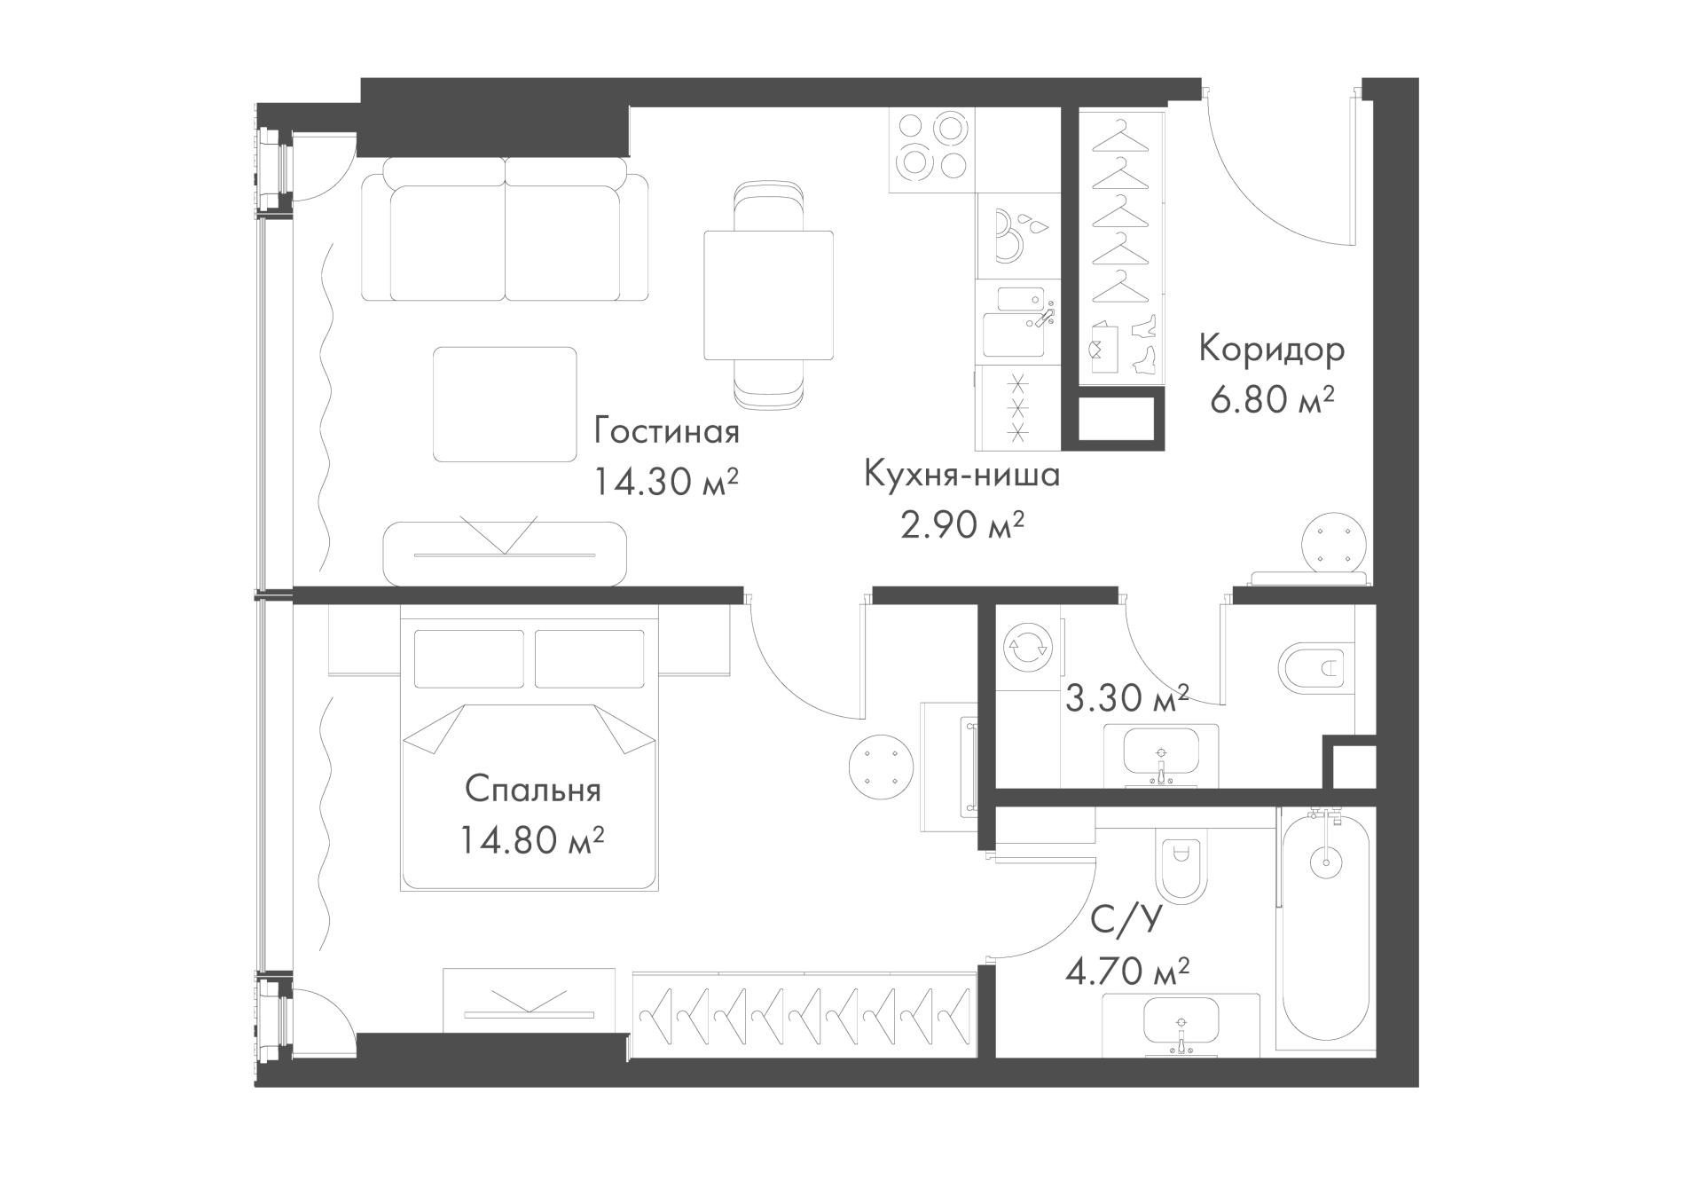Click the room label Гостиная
666,433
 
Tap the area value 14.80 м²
532,838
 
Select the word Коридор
1272,350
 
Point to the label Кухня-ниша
962,475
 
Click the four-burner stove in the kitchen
931,150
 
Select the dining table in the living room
768,295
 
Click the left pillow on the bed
469,659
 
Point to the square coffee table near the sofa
505,405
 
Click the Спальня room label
532,790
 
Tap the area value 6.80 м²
1272,400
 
